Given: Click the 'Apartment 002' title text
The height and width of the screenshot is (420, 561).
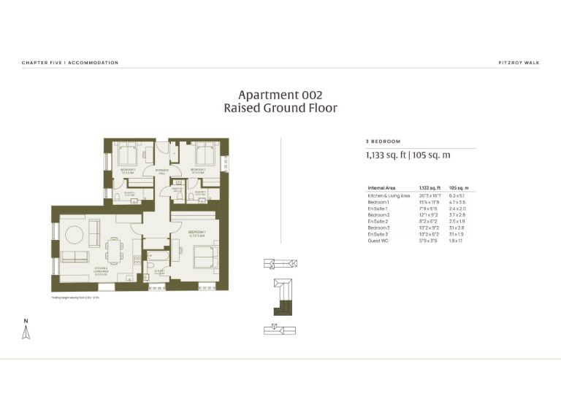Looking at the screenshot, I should (x=280, y=95).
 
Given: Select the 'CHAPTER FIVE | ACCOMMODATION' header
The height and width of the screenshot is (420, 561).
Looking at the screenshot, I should (x=70, y=63).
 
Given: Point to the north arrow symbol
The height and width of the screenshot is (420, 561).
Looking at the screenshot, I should (x=26, y=331).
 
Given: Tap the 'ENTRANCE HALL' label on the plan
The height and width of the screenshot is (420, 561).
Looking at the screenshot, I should (x=161, y=171).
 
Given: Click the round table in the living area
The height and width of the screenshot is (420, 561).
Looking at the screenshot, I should (x=75, y=233).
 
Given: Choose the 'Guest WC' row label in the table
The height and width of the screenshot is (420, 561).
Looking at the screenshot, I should (x=378, y=240).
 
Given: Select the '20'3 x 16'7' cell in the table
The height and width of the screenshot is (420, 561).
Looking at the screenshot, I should (x=429, y=196).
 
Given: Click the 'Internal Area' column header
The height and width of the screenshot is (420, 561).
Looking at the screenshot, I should (x=382, y=188).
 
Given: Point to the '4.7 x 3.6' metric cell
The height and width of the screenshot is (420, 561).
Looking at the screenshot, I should (x=457, y=203).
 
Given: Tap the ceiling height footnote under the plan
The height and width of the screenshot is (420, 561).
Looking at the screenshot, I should (x=75, y=298).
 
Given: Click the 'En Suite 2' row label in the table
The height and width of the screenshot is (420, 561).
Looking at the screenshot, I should (x=379, y=221).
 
